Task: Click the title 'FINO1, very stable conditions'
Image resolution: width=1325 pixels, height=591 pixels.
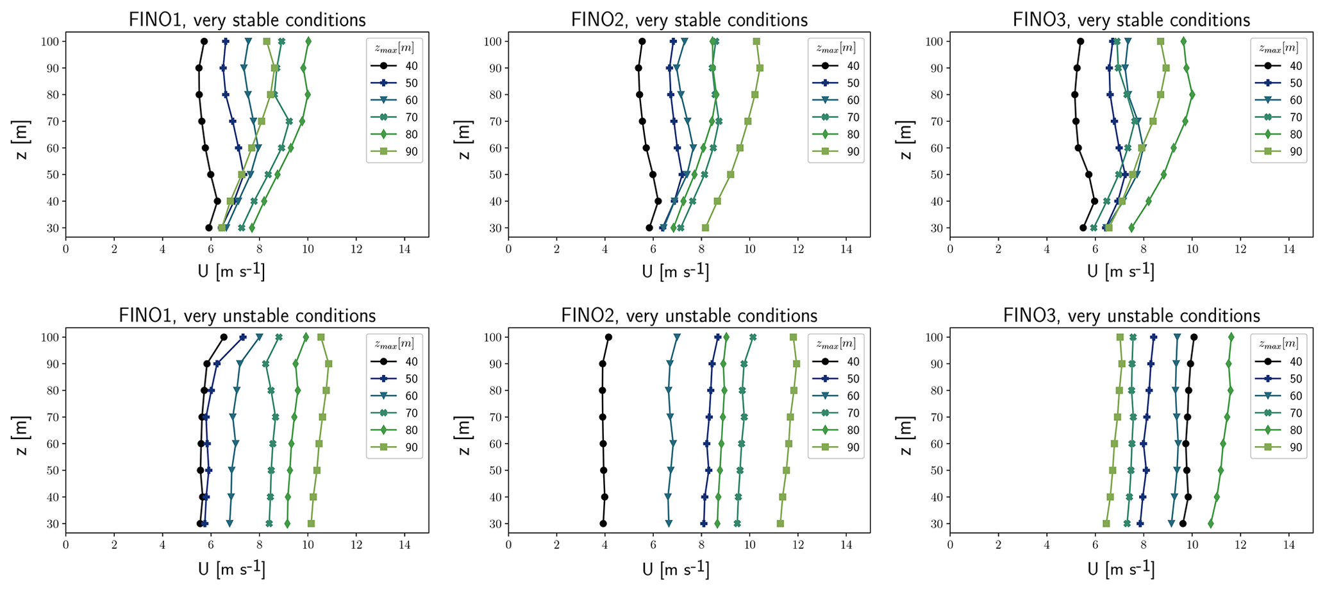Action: pyautogui.click(x=247, y=20)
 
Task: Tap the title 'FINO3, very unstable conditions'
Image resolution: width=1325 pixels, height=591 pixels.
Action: pyautogui.click(x=1131, y=315)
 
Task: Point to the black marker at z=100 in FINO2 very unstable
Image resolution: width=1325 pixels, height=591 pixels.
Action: pyautogui.click(x=608, y=337)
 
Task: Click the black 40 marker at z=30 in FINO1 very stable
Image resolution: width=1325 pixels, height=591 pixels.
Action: pyautogui.click(x=209, y=228)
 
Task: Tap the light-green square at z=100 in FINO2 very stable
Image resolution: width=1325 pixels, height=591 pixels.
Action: pyautogui.click(x=756, y=42)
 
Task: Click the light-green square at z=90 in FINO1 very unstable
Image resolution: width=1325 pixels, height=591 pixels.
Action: pyautogui.click(x=328, y=364)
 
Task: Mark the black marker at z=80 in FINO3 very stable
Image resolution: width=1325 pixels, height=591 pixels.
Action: pyautogui.click(x=1074, y=95)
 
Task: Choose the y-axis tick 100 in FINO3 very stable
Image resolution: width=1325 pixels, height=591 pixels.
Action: pyautogui.click(x=936, y=42)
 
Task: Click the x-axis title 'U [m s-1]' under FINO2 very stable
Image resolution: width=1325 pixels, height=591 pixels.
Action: pyautogui.click(x=675, y=272)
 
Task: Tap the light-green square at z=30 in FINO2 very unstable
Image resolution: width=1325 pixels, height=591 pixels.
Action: pyautogui.click(x=780, y=524)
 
